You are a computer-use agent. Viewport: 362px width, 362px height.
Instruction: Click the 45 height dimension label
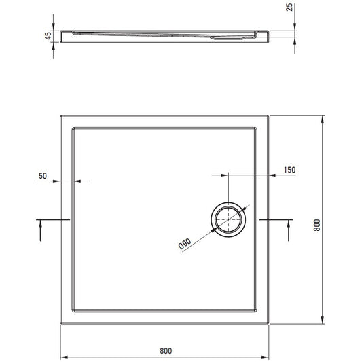pos(48,36)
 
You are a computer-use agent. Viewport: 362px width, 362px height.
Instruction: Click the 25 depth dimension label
pos(289,7)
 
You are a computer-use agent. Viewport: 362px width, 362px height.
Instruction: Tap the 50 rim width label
pos(43,176)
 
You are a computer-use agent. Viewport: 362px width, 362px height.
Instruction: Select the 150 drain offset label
pos(289,170)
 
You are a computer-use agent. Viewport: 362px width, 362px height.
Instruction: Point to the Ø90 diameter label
pos(185,244)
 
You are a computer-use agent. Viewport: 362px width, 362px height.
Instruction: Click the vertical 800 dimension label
pos(317,225)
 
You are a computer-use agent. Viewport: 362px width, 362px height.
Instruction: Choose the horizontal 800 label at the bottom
pos(166,351)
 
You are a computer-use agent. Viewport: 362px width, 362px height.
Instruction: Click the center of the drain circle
pos(228,219)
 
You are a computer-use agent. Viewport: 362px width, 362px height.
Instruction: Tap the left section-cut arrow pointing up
pos(40,230)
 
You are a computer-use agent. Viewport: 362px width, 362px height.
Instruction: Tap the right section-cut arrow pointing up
pos(289,230)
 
